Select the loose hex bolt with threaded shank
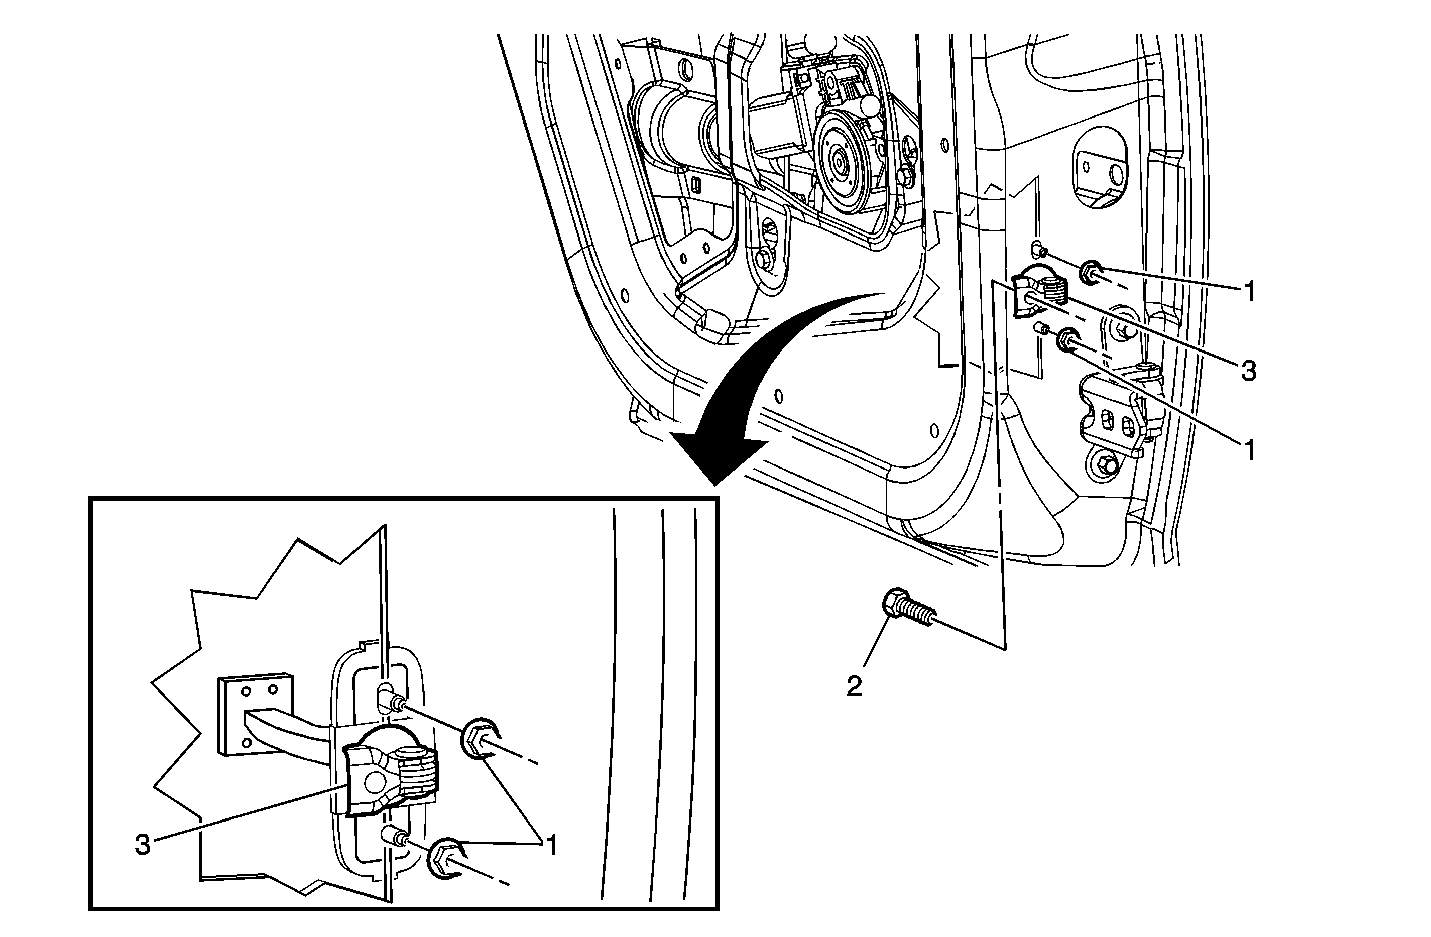(908, 609)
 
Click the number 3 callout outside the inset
(1249, 372)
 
